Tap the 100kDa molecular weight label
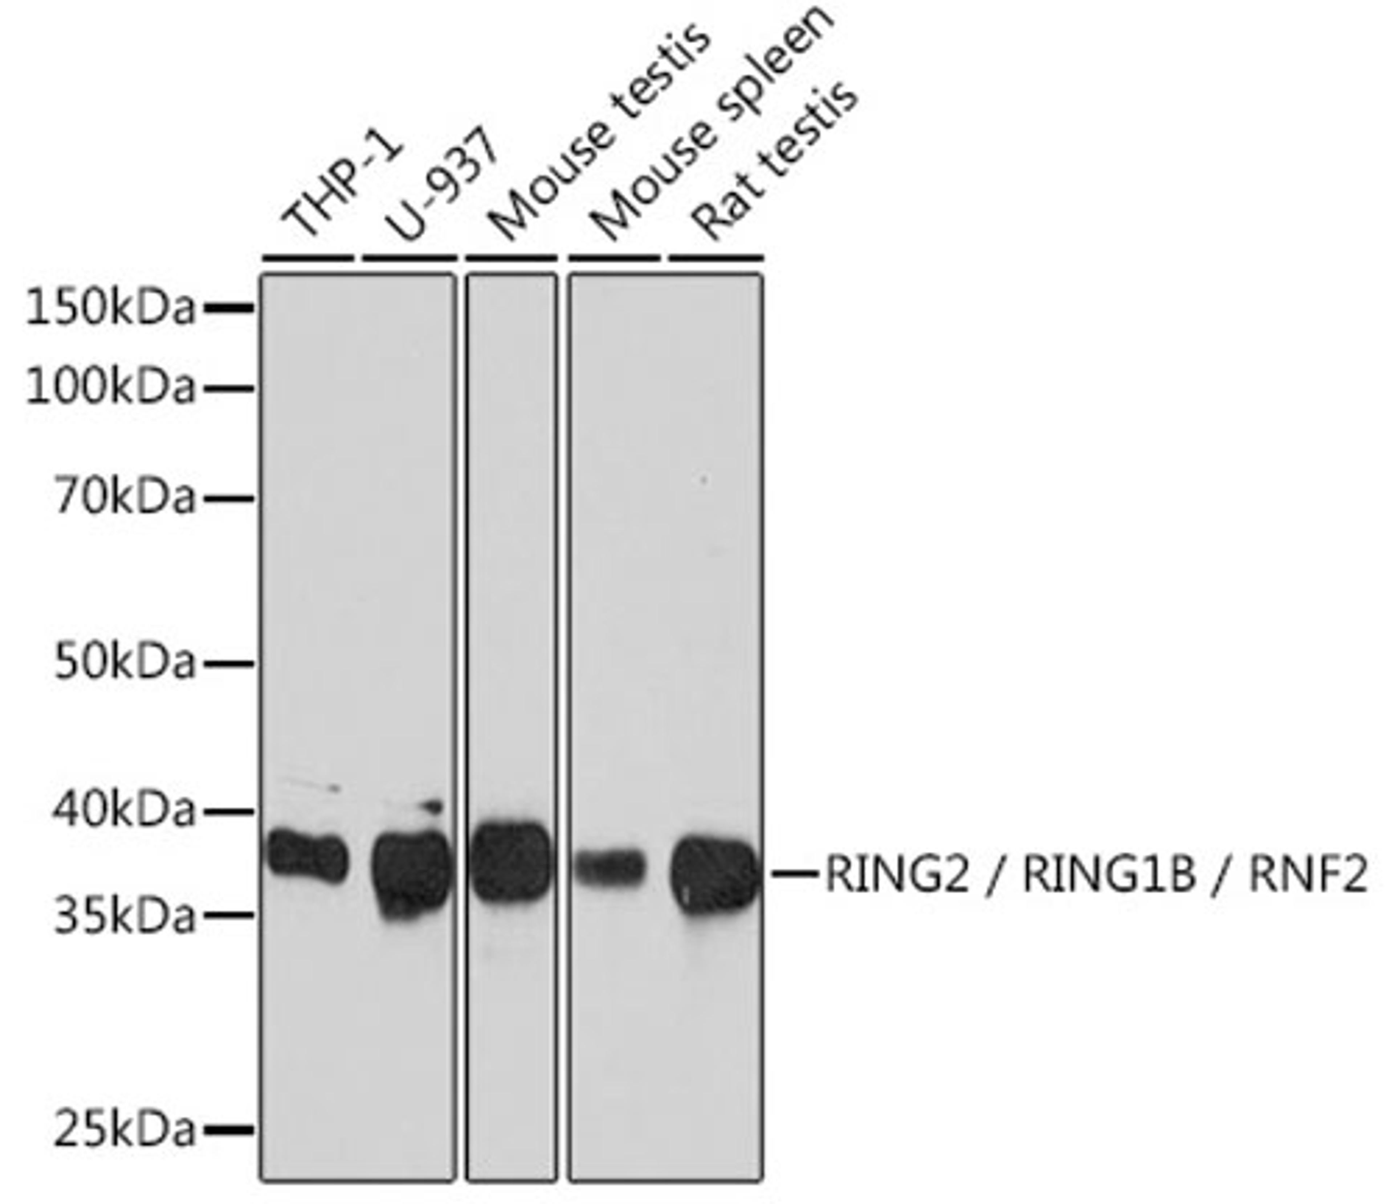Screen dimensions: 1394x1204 [110, 388]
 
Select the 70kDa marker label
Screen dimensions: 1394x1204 [125, 499]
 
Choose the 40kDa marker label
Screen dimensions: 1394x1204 [125, 811]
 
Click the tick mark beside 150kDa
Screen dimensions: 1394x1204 [229, 309]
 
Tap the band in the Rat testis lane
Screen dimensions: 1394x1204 [715, 875]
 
